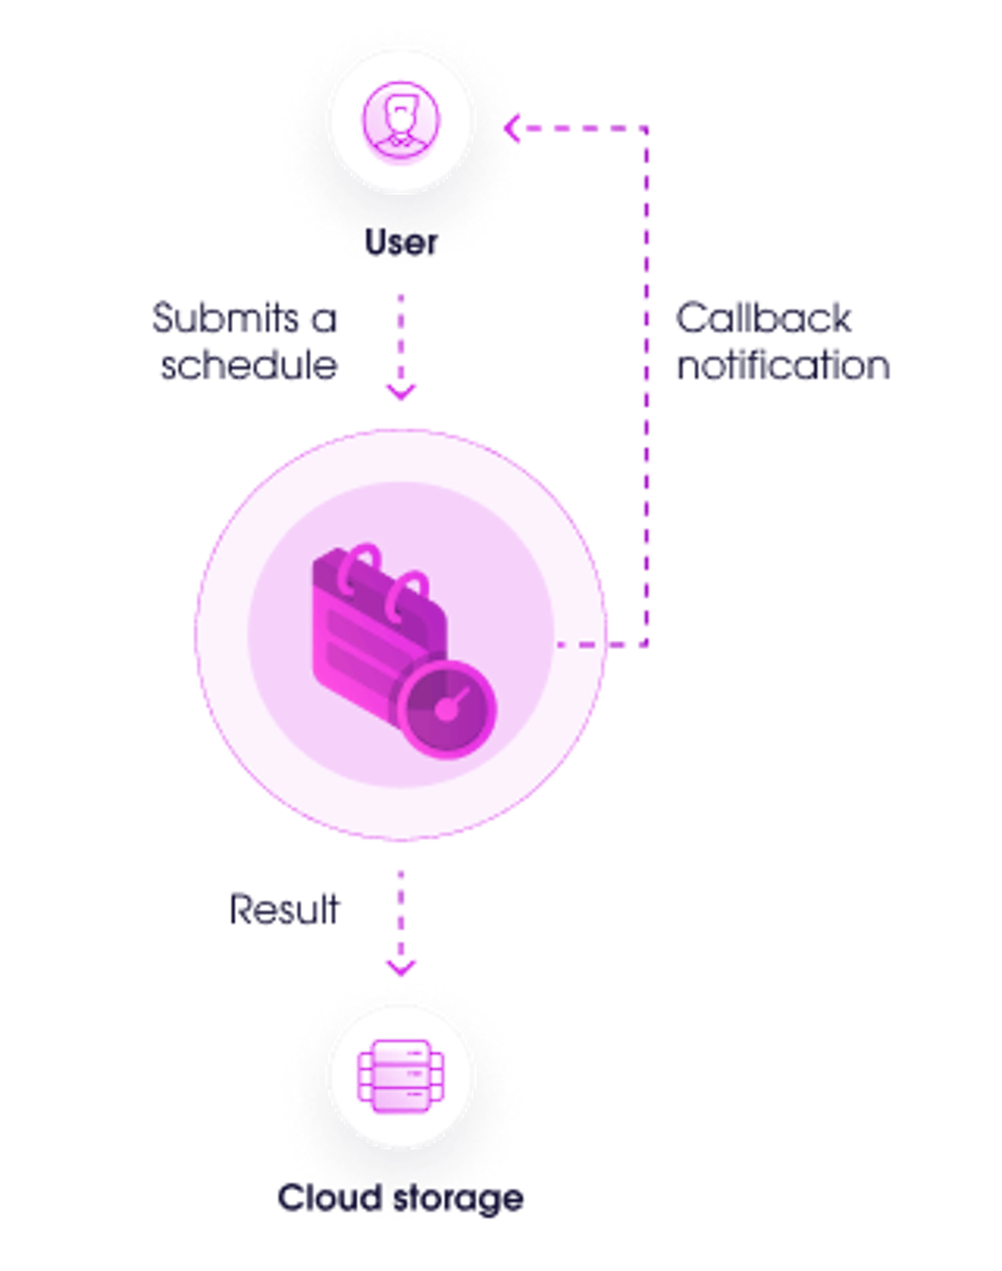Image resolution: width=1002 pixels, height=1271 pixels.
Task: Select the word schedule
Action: pyautogui.click(x=249, y=365)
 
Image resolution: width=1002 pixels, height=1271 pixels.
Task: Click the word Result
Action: pyautogui.click(x=284, y=910)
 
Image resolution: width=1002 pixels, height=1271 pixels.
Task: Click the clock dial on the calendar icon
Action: pyautogui.click(x=447, y=709)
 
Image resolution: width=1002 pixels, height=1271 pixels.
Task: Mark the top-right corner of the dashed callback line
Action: pyautogui.click(x=647, y=128)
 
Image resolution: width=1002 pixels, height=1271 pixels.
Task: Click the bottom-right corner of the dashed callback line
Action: pyautogui.click(x=647, y=645)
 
